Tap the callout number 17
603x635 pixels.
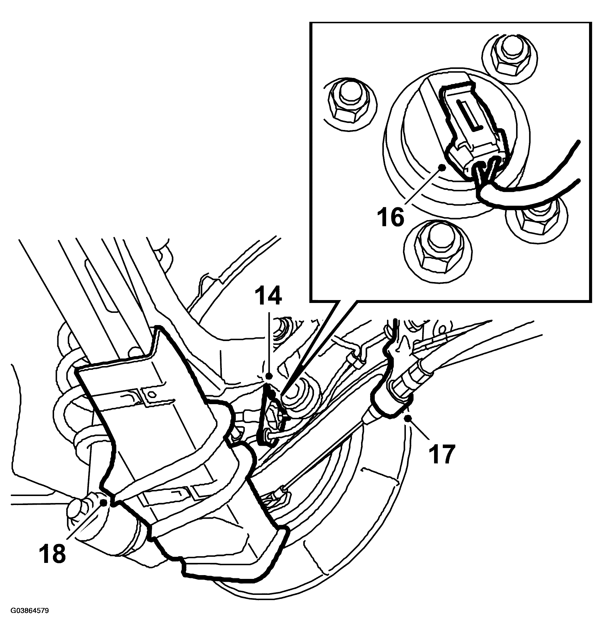click(442, 454)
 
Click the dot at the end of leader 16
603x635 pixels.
click(443, 167)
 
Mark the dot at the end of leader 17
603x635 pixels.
click(408, 418)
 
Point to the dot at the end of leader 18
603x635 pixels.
click(104, 503)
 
